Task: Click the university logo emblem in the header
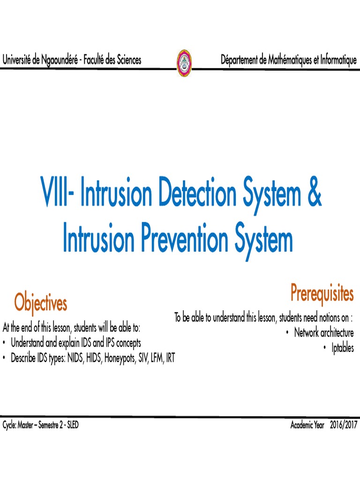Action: click(x=184, y=63)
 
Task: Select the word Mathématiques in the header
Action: click(x=285, y=60)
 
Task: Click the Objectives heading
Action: click(x=41, y=303)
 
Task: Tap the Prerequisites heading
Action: click(x=322, y=294)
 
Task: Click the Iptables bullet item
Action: click(x=343, y=348)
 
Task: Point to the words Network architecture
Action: click(x=324, y=333)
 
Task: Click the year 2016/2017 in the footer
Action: click(x=344, y=425)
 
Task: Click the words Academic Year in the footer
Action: click(x=307, y=425)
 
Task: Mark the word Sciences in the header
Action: click(x=126, y=60)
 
